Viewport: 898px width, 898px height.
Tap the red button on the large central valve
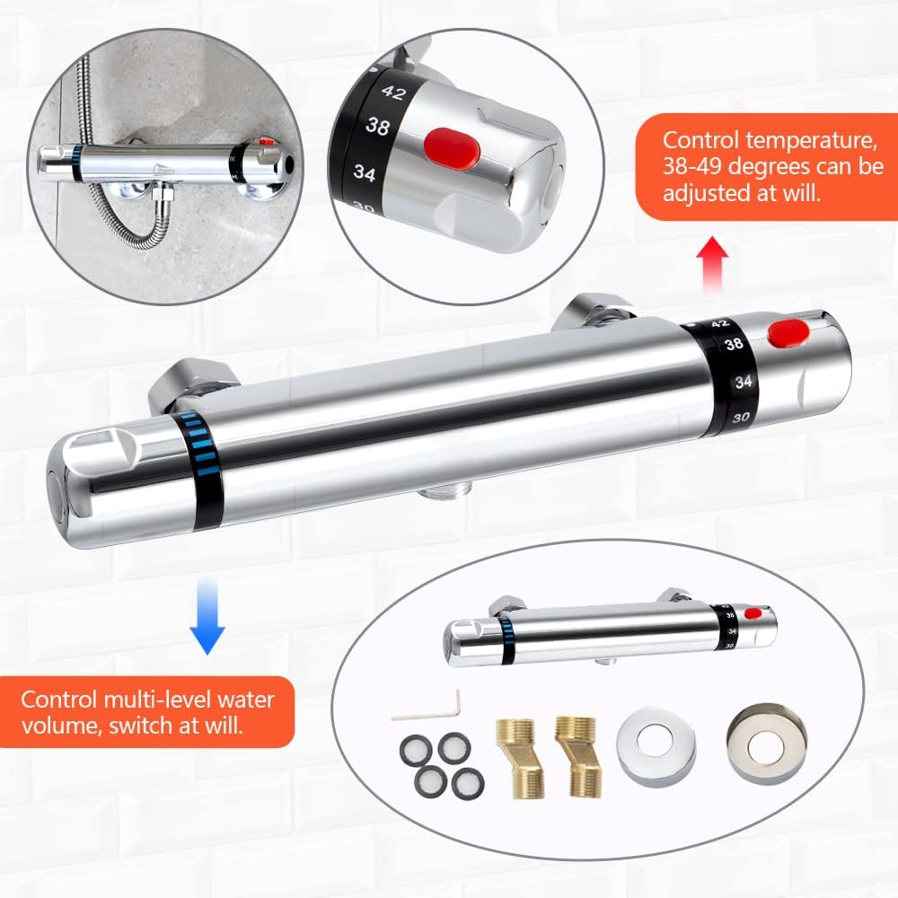788,333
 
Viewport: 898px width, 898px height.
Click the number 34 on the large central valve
741,382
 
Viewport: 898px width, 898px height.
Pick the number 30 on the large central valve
741,418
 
